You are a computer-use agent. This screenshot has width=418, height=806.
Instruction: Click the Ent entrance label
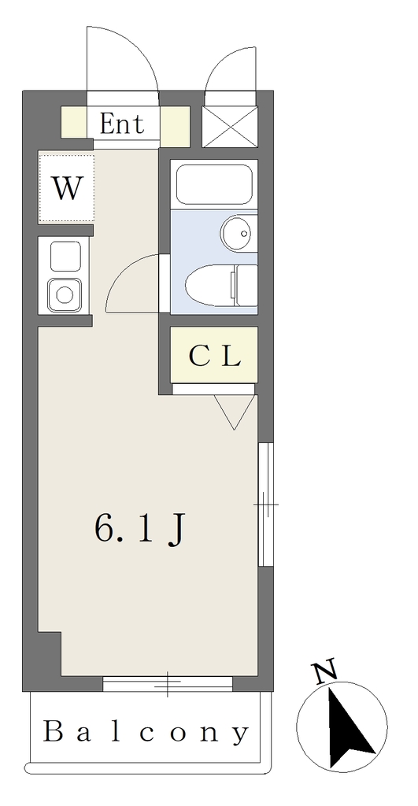click(121, 124)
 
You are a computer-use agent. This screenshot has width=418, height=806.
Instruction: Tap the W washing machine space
click(66, 187)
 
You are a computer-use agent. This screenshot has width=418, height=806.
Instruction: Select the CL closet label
click(214, 355)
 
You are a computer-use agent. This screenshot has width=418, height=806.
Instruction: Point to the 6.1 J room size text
click(139, 530)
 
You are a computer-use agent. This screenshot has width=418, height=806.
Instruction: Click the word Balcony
click(146, 732)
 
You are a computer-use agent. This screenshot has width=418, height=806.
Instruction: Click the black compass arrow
click(350, 728)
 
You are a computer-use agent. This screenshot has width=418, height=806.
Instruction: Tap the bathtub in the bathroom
click(214, 184)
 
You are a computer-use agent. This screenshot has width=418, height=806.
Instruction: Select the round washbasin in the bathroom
click(239, 233)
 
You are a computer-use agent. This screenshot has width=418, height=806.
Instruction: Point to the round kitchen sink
click(65, 295)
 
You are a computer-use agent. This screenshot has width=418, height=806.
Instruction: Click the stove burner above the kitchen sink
click(65, 257)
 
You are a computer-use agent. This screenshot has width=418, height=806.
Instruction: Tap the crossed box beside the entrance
click(229, 127)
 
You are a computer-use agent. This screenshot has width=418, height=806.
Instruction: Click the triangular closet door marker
click(235, 411)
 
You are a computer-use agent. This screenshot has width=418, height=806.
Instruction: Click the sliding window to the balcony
click(168, 684)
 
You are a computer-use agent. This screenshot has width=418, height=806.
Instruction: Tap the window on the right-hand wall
click(266, 505)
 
